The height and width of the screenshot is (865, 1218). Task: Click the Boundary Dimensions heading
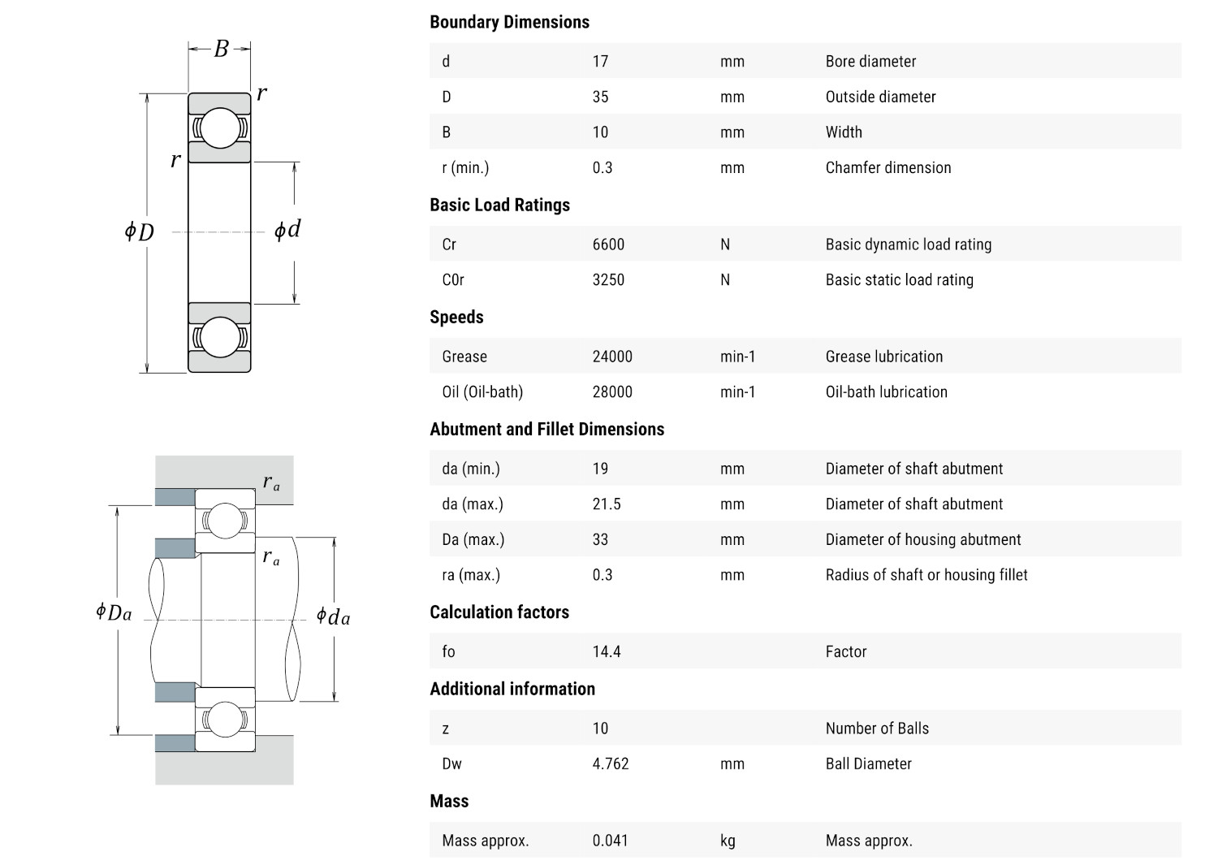point(509,22)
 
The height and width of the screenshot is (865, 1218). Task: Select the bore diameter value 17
point(600,61)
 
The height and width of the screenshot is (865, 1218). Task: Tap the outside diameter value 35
point(600,97)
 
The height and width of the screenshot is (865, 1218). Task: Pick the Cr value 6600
point(608,244)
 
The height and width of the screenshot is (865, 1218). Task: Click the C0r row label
point(453,280)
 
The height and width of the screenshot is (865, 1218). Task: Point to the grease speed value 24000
point(612,357)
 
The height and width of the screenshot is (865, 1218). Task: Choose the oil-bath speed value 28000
point(612,392)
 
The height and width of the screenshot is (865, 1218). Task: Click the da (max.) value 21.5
point(607,504)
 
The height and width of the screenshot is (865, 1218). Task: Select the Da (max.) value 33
point(600,540)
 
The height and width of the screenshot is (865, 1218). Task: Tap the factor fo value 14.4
point(607,652)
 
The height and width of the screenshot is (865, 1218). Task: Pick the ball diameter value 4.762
point(611,764)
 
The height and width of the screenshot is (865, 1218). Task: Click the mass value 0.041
point(610,841)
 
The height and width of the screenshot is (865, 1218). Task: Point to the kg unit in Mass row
point(728,841)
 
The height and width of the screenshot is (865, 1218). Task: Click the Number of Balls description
point(877,729)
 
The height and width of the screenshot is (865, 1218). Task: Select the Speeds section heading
point(456,318)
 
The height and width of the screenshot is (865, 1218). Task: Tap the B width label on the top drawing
point(221,50)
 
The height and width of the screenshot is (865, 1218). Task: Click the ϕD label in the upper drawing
point(139,232)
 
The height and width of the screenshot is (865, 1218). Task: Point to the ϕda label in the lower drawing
point(333,617)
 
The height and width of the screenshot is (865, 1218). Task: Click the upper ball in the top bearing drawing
point(220,128)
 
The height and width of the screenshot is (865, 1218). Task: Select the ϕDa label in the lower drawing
point(114,612)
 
